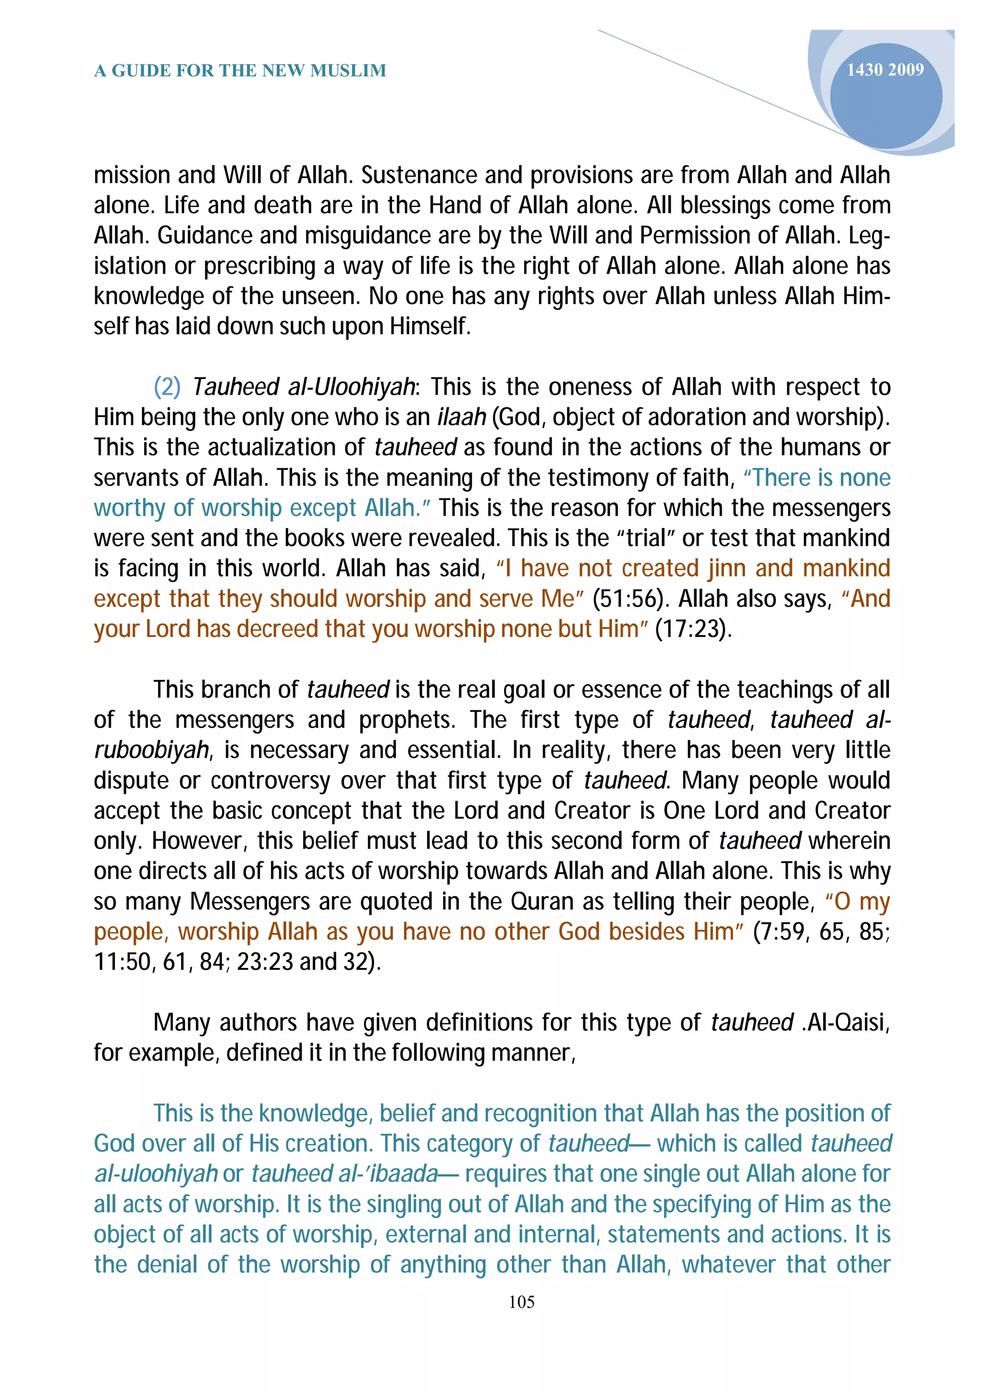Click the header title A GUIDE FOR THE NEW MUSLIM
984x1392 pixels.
(x=240, y=71)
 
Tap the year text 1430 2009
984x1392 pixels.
(x=885, y=70)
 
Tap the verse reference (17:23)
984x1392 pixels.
(x=694, y=629)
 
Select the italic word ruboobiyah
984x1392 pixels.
(x=151, y=751)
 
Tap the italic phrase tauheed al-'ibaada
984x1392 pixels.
(x=344, y=1174)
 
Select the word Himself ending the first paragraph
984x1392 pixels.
(x=430, y=327)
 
